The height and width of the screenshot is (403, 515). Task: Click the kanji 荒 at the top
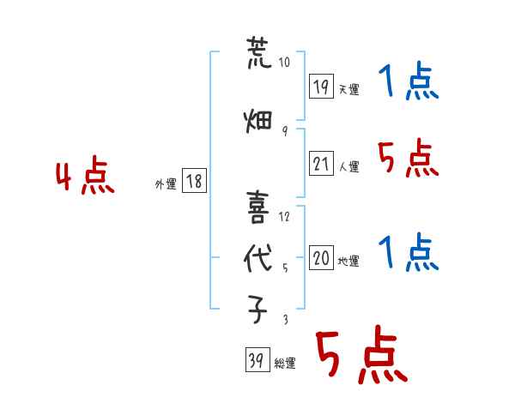click(x=259, y=52)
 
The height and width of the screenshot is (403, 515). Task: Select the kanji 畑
click(x=258, y=122)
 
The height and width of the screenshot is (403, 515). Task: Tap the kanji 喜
click(x=258, y=208)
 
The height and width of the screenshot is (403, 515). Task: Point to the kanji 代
click(x=258, y=258)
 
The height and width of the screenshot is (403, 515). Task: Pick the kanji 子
click(x=257, y=310)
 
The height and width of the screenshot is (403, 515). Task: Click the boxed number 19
click(x=321, y=87)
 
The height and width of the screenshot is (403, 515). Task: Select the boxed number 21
click(x=321, y=164)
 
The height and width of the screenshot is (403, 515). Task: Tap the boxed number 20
click(x=321, y=257)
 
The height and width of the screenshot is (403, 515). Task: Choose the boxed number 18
click(x=194, y=181)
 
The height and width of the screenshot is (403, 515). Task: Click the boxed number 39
click(x=257, y=359)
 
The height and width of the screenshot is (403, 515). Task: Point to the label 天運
click(x=348, y=89)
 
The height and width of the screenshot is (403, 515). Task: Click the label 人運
click(x=348, y=166)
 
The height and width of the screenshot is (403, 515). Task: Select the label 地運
click(x=348, y=261)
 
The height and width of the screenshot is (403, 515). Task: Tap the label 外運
click(x=166, y=184)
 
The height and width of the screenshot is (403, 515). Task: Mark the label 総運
click(x=285, y=363)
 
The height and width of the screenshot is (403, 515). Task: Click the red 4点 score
click(x=85, y=175)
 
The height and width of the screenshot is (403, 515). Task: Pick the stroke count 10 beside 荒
click(x=284, y=62)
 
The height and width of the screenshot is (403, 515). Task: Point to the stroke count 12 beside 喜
click(x=284, y=217)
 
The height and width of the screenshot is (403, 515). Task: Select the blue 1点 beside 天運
click(x=409, y=81)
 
